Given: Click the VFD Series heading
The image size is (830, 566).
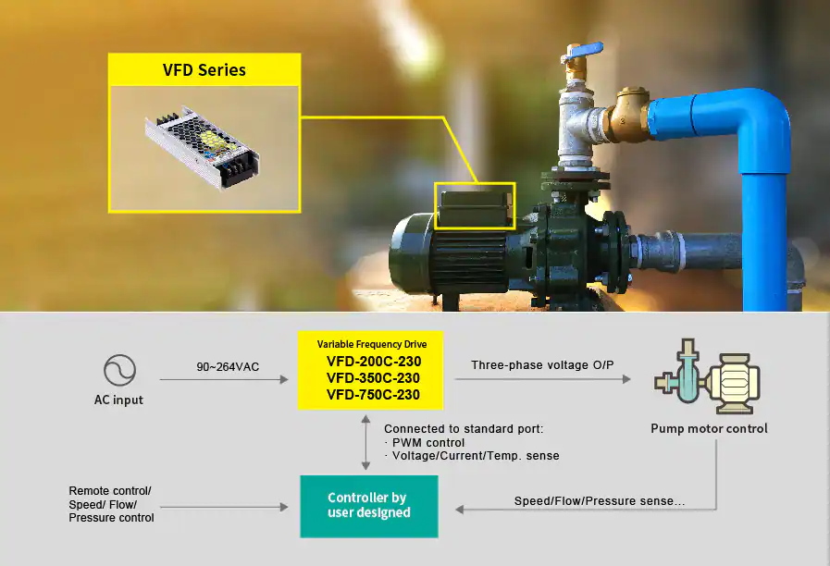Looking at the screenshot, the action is pyautogui.click(x=204, y=69).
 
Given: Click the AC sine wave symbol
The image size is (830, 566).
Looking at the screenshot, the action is pyautogui.click(x=119, y=370).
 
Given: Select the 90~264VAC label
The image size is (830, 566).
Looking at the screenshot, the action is pyautogui.click(x=228, y=366).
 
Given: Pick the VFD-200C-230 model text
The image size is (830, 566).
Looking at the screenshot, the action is pyautogui.click(x=374, y=362).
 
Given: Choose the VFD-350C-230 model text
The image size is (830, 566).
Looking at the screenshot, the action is pyautogui.click(x=373, y=378).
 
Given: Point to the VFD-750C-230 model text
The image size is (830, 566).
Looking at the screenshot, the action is pyautogui.click(x=373, y=395).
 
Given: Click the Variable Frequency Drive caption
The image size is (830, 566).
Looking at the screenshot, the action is pyautogui.click(x=372, y=344).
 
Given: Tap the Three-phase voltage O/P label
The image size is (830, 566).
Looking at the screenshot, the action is pyautogui.click(x=542, y=365).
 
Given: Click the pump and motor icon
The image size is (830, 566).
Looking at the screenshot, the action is pyautogui.click(x=707, y=376).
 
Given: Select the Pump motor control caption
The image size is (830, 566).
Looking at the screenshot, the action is pyautogui.click(x=709, y=428).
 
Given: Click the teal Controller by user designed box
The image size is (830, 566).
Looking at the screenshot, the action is pyautogui.click(x=369, y=506).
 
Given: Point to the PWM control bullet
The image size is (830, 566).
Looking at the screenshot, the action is pyautogui.click(x=425, y=443).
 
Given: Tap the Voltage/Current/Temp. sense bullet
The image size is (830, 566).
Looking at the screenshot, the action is pyautogui.click(x=472, y=455).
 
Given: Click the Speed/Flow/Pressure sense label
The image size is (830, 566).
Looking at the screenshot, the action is pyautogui.click(x=600, y=501).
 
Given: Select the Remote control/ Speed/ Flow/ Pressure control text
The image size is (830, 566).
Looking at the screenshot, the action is pyautogui.click(x=111, y=504).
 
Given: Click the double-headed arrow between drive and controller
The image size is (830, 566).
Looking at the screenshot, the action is pyautogui.click(x=365, y=442).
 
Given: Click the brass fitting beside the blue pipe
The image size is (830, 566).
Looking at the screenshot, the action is pyautogui.click(x=629, y=115).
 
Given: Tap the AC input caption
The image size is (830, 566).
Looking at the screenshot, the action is pyautogui.click(x=118, y=400).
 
